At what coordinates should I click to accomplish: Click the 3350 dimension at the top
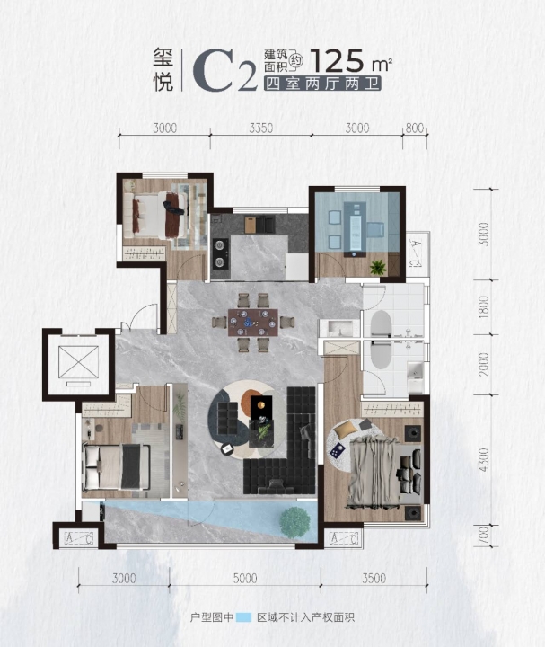(x=261, y=128)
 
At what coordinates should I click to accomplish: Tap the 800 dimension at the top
(x=414, y=128)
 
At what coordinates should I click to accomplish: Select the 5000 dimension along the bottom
(x=245, y=578)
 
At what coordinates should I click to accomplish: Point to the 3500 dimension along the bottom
(x=374, y=578)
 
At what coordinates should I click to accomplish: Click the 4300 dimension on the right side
(x=484, y=460)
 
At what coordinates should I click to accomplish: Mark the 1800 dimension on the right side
(x=484, y=306)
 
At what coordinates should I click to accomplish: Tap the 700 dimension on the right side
(x=484, y=536)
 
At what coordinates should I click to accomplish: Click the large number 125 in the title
(x=338, y=61)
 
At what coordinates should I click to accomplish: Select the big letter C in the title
(x=213, y=70)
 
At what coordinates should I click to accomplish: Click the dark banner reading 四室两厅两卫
(x=322, y=84)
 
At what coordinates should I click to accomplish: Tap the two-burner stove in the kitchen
(x=220, y=253)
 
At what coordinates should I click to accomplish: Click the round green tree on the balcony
(x=294, y=522)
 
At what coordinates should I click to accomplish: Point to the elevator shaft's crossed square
(x=78, y=362)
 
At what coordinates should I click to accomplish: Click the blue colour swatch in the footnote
(x=243, y=617)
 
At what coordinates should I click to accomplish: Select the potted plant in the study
(x=378, y=268)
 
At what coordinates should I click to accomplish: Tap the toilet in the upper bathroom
(x=380, y=323)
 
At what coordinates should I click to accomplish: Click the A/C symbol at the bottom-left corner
(x=79, y=538)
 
